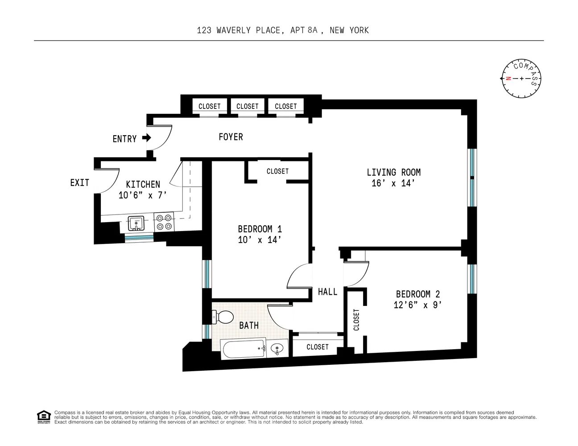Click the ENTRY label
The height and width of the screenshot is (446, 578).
(x=124, y=139)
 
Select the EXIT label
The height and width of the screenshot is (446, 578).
(x=79, y=182)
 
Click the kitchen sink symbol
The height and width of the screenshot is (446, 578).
(x=136, y=223)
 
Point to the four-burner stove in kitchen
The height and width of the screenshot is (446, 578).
(x=164, y=222)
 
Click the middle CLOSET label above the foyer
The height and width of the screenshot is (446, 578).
(x=247, y=106)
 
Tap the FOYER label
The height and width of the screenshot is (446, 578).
(x=231, y=137)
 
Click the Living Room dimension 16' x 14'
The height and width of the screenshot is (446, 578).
(x=393, y=183)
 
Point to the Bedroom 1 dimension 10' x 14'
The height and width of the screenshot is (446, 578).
(x=260, y=240)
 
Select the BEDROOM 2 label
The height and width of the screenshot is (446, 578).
(x=418, y=294)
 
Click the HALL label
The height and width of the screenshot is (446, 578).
(x=327, y=292)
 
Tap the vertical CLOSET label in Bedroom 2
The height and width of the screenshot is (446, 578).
(x=356, y=320)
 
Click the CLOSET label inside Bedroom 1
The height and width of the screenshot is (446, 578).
(x=277, y=171)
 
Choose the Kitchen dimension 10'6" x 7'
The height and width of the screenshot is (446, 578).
(x=142, y=195)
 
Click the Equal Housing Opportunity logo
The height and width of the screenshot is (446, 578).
(x=43, y=417)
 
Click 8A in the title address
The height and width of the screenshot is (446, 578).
(x=312, y=30)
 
